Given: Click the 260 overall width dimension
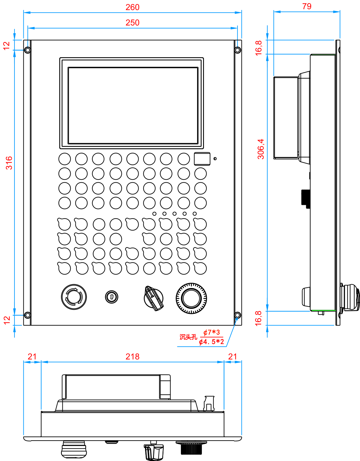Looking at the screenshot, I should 132,7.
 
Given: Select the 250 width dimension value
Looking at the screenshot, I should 132,23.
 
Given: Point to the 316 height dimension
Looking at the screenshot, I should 9,163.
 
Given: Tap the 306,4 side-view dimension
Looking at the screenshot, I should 261,149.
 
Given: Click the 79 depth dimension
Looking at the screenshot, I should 307,6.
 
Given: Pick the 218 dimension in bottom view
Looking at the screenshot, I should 132,356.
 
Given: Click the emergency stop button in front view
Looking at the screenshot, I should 74,297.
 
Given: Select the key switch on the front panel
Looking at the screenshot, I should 112,296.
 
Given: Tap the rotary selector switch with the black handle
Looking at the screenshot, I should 154,298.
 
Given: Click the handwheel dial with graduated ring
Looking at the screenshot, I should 191,298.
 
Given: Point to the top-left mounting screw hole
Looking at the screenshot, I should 28,50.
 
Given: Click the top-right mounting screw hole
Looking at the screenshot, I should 237,50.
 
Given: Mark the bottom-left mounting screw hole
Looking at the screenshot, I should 27,315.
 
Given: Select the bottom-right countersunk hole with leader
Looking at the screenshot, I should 237,315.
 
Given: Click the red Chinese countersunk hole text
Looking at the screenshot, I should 188,337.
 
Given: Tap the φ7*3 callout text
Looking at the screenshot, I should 212,333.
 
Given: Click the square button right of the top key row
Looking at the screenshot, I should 202,159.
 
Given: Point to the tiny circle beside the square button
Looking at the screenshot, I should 215,159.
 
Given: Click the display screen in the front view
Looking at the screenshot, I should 133,105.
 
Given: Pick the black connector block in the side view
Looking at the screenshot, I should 306,197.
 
